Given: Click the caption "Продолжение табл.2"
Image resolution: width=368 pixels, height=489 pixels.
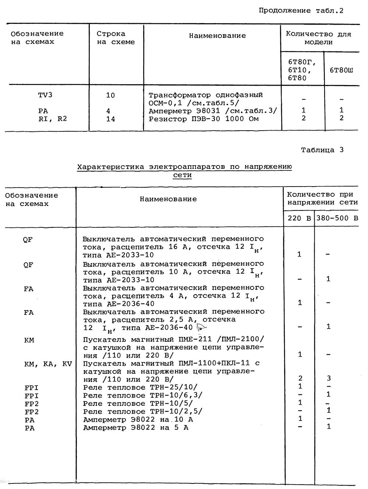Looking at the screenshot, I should point(301,11).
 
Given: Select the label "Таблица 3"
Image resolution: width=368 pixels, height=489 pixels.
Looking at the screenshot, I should point(322,150).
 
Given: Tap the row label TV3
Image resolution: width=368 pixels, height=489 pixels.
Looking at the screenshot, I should point(45,95).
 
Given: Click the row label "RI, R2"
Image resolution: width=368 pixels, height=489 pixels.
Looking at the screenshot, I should point(53,119).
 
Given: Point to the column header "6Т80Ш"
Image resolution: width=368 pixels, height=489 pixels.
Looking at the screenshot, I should point(341,70).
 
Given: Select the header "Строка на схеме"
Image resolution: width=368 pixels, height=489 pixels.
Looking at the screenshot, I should point(116,38).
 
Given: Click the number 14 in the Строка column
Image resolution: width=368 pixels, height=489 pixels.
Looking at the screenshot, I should point(110,119).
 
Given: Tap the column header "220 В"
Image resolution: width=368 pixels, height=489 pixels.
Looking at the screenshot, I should point(299,218).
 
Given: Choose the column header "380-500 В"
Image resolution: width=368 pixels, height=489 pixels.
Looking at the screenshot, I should point(337,218).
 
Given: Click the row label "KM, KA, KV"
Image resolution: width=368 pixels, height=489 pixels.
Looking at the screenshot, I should point(48,364).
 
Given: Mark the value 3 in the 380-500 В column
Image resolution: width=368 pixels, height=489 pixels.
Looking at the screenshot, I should point(329,378).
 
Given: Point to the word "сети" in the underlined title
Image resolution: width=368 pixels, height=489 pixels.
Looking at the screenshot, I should point(182,175).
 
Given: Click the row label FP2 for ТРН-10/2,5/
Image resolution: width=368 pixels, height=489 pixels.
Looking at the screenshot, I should point(32,412).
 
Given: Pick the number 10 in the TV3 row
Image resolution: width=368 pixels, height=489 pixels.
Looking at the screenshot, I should point(110,95).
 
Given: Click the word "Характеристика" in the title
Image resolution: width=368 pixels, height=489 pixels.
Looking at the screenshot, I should point(110,167).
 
